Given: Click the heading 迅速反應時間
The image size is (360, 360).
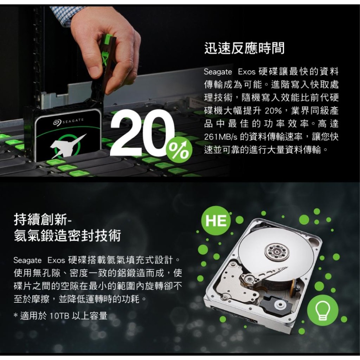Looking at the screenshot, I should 244,48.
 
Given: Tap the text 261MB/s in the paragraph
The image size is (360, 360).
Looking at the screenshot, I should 220,137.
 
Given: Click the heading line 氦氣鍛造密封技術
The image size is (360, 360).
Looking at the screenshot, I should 67,236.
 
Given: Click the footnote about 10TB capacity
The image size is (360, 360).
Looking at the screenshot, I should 60,316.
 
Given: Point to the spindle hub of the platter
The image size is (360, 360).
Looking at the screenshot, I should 276,251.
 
